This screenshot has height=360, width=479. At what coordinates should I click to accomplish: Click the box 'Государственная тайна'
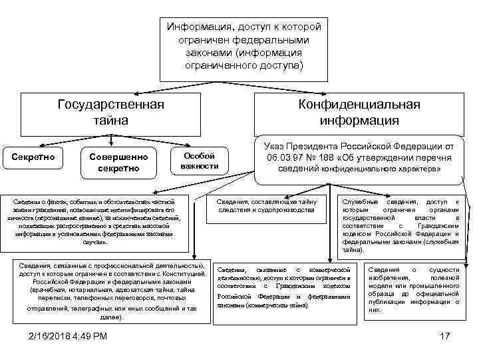coord(111,113)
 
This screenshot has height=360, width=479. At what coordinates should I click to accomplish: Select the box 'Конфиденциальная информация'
coord(359,113)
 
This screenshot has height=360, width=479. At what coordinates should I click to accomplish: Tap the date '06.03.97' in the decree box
coord(288,158)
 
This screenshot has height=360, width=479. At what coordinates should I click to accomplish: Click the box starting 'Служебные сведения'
coord(400,226)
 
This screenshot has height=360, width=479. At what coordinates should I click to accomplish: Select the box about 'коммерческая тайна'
coord(283,286)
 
